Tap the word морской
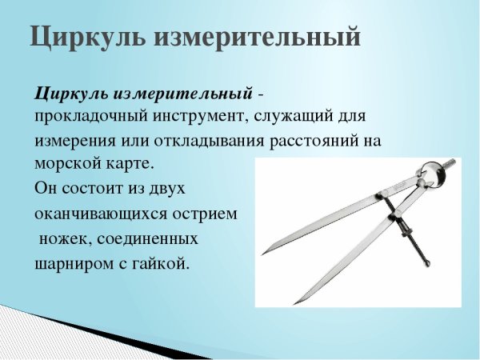[x=67, y=164]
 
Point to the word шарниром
[x=71, y=263]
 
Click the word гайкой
[x=162, y=263]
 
